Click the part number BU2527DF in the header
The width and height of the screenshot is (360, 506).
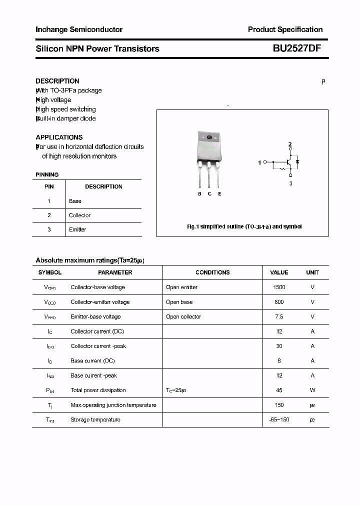point(297,48)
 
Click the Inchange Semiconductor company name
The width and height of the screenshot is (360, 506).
point(79,29)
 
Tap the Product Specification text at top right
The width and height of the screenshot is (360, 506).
point(285,29)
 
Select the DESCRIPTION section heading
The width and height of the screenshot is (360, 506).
point(57,81)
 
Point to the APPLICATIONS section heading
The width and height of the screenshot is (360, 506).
point(59,137)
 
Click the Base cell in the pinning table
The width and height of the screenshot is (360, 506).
point(75,201)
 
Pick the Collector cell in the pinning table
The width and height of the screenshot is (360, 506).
point(79,215)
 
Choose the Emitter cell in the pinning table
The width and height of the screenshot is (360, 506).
point(77,229)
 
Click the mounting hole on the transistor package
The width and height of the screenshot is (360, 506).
point(209,138)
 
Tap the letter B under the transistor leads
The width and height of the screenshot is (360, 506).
point(199,193)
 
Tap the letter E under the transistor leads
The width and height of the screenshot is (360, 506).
point(219,193)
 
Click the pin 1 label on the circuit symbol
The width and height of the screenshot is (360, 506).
point(259,162)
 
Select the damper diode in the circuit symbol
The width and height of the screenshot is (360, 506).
point(297,161)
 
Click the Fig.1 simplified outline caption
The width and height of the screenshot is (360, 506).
point(244,226)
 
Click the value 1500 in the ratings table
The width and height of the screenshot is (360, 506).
point(279,287)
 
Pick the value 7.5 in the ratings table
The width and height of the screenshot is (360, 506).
point(279,316)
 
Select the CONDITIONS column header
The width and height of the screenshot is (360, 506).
point(212,272)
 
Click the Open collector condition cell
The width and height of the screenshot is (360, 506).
point(183,316)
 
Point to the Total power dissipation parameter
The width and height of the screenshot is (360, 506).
point(98,390)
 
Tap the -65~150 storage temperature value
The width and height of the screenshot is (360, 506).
point(279,419)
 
